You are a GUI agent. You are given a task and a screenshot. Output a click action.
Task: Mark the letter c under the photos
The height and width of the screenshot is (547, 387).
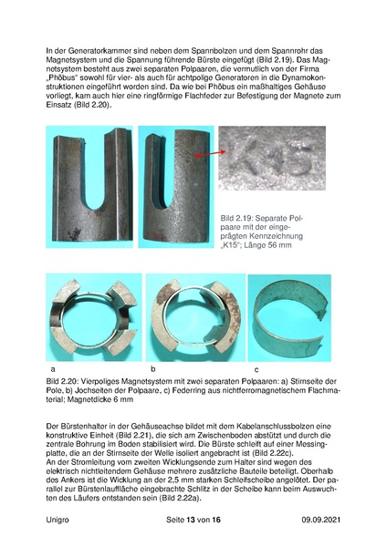[x=256, y=368]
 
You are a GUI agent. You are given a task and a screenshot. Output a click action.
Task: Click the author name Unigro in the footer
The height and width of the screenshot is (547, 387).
[x=59, y=519]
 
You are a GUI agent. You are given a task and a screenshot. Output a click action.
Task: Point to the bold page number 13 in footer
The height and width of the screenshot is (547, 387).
[x=192, y=519]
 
